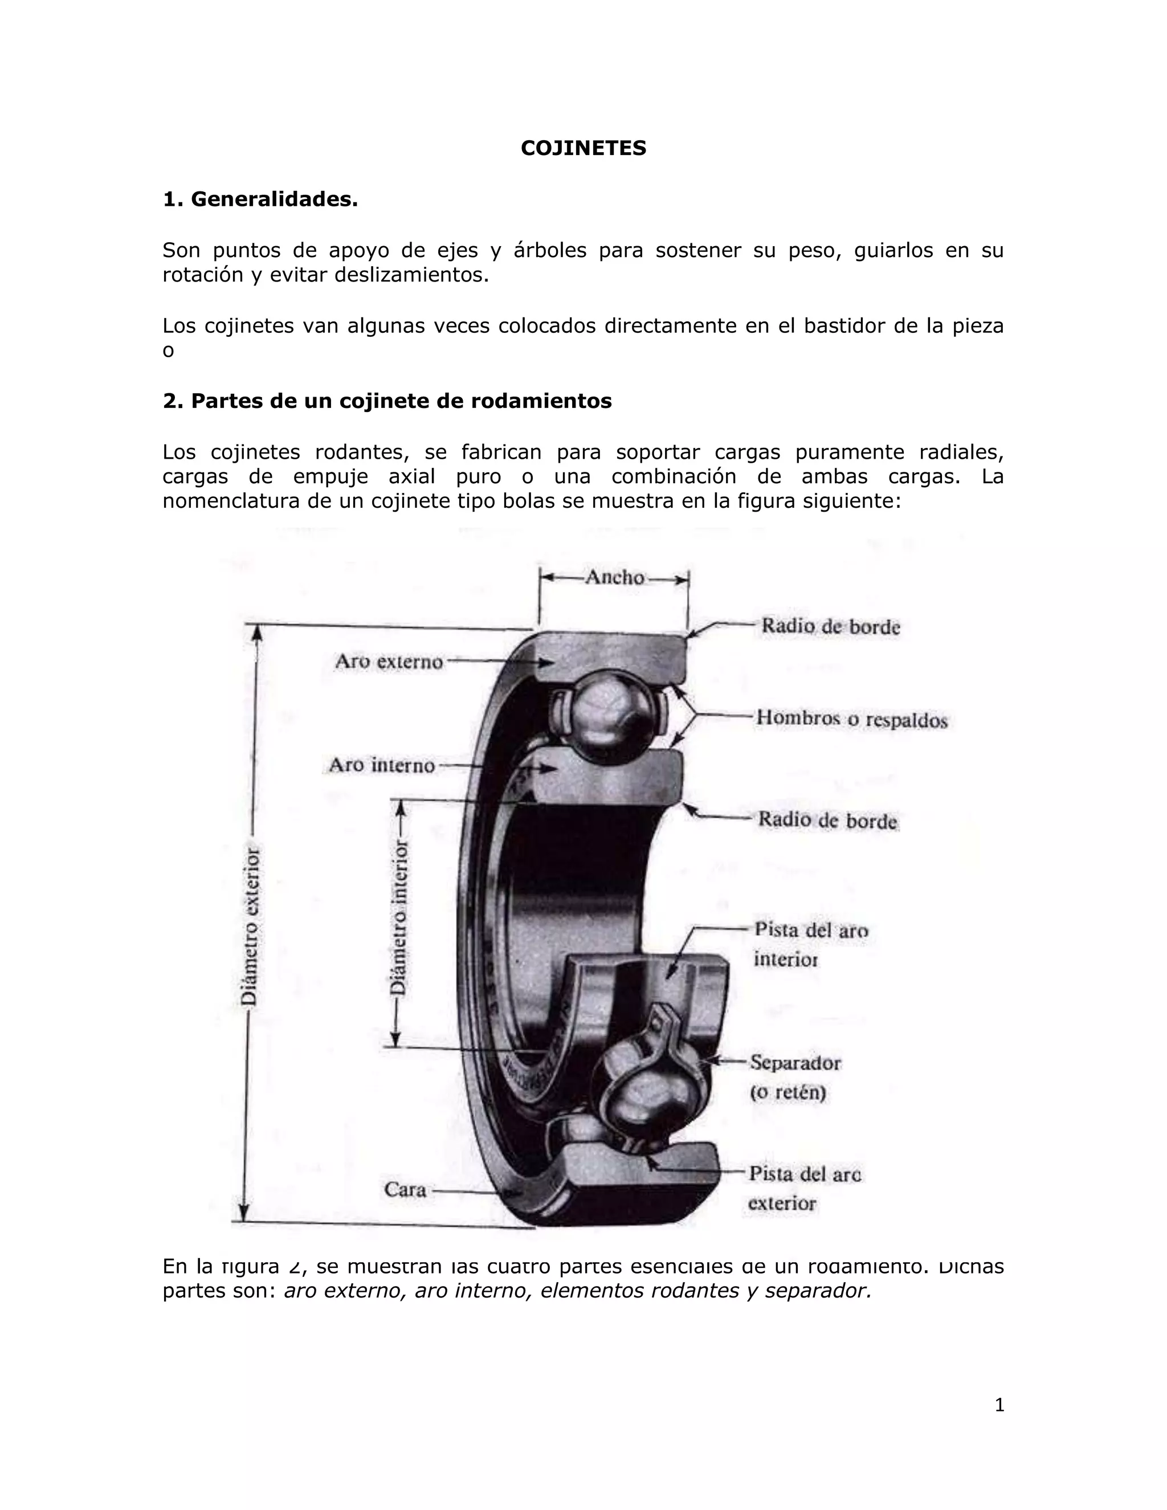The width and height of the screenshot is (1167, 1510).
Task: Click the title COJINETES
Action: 583,148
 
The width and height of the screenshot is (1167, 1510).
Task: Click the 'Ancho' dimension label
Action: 615,577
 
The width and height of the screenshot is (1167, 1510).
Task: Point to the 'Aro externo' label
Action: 389,662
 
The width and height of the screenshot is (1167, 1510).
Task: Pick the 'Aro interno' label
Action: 382,765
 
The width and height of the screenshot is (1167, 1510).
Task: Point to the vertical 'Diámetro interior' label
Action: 399,917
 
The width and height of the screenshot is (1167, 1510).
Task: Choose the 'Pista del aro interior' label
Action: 810,944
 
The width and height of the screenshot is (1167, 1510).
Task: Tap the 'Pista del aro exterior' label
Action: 805,1188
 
